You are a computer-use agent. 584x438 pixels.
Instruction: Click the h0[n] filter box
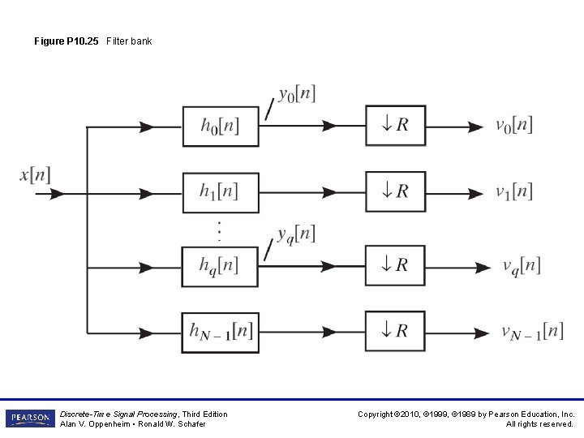coord(220,126)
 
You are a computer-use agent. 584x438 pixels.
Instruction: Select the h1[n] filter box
coord(220,192)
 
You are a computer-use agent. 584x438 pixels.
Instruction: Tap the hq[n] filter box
coord(220,265)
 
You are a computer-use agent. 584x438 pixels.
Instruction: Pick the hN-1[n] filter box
coord(220,331)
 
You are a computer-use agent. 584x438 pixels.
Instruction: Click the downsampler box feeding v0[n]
coord(395,126)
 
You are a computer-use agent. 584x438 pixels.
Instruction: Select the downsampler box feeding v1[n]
coord(395,191)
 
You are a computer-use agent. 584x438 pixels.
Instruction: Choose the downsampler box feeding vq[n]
coord(395,265)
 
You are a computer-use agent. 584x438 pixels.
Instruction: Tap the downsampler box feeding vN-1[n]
coord(395,331)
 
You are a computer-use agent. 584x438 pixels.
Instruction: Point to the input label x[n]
coord(35,174)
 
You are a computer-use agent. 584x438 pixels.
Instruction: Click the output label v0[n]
coord(513,125)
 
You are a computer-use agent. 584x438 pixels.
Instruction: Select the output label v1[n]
coord(513,191)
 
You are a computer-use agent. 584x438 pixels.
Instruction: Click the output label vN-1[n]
coord(531,331)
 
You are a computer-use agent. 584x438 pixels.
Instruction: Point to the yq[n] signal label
coord(295,234)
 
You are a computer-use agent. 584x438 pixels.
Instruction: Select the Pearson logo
coord(29,419)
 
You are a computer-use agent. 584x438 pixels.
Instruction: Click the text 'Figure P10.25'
coord(66,41)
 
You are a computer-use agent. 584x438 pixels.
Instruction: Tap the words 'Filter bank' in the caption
coord(129,41)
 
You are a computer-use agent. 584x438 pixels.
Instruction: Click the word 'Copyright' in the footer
coord(376,414)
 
